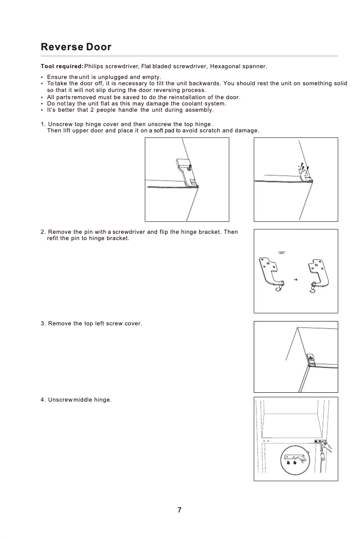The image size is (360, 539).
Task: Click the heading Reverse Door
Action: [x=76, y=47]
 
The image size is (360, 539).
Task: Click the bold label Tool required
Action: [x=61, y=66]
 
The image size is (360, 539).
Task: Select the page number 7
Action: [x=180, y=510]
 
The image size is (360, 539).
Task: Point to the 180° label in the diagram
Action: [x=281, y=253]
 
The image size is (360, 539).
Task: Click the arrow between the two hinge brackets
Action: [x=295, y=280]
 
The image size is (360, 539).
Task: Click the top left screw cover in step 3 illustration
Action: [x=310, y=358]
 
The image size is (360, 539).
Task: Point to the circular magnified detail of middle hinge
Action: [x=295, y=460]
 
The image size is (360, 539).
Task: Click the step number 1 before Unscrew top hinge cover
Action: [x=42, y=124]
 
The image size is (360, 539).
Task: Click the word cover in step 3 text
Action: [x=133, y=324]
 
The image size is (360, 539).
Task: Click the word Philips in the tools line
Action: [x=96, y=66]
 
